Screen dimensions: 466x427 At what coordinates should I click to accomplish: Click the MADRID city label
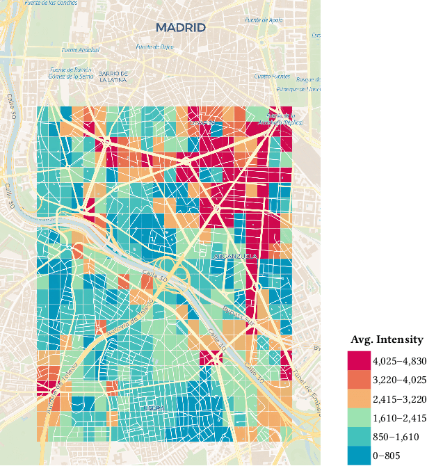tap(181, 28)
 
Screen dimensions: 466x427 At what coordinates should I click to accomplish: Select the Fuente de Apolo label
tap(264, 20)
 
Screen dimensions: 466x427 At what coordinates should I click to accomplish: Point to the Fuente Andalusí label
tap(81, 50)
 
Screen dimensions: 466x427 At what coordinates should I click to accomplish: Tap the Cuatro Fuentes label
tap(271, 77)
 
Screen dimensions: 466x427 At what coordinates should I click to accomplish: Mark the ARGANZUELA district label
tap(235, 257)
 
